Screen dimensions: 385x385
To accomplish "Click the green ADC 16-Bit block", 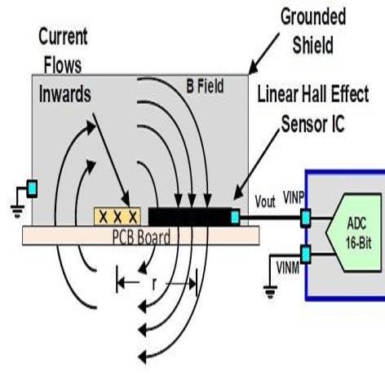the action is (354, 232).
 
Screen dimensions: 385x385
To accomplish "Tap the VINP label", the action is (294, 197).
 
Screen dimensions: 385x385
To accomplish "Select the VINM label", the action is (288, 268).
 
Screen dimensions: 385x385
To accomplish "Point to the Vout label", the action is (265, 201).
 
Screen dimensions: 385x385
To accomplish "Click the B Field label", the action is (205, 86).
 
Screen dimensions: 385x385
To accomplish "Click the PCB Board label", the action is (141, 237).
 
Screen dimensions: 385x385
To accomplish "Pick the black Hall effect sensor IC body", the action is (190, 217).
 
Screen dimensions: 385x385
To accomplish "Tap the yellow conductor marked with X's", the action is (117, 216).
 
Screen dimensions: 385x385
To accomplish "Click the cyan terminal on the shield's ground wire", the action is (32, 188).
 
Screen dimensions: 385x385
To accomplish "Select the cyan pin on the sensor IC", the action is (235, 217).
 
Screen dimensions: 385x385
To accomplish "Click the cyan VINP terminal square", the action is (306, 218).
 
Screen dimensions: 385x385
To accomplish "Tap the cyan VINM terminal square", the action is (306, 254).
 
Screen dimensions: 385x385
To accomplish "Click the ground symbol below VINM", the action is (270, 292).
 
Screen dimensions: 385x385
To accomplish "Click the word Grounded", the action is (313, 17).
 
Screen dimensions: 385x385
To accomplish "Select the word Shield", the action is (312, 45).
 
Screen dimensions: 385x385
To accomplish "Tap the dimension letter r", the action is (154, 285).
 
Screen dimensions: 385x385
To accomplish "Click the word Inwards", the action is (64, 94).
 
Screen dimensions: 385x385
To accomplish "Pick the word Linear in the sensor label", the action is (277, 94).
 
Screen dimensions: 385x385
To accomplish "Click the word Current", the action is (63, 37).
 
